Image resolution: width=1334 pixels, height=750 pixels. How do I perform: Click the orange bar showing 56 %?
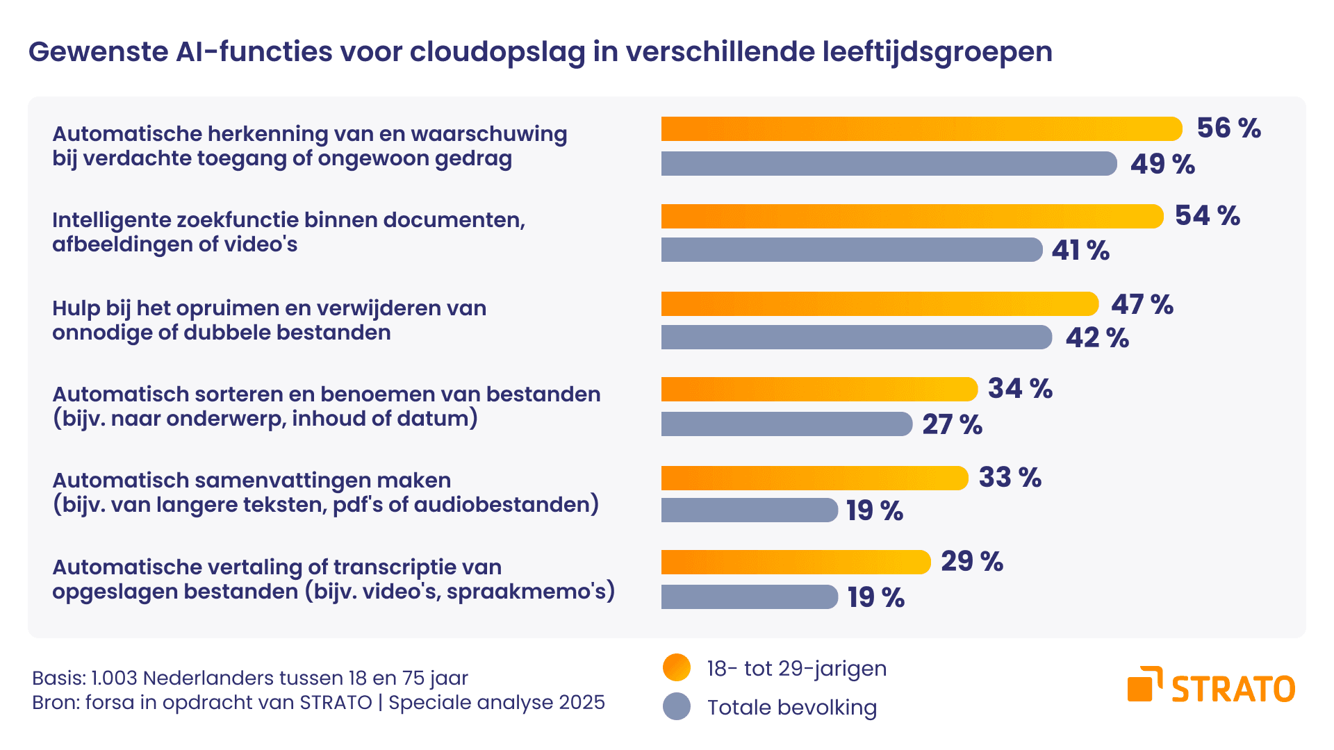[921, 129]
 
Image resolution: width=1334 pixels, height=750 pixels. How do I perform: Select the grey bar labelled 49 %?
[889, 164]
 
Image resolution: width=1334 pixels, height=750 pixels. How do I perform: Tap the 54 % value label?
[1207, 215]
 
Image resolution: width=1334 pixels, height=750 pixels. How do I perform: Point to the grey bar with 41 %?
[851, 250]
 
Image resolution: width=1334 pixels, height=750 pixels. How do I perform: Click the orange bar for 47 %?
[879, 304]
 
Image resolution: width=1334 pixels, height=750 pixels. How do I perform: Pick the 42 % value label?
[1097, 338]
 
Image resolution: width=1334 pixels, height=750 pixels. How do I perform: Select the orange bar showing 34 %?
[818, 390]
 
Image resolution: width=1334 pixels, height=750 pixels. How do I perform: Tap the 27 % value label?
[952, 424]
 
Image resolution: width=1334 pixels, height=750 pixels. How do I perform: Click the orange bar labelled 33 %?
[814, 478]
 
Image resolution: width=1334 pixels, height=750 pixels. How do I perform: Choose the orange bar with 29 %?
[795, 562]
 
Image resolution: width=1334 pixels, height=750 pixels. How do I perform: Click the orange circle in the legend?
[677, 668]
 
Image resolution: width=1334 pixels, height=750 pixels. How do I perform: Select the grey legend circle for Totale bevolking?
[677, 707]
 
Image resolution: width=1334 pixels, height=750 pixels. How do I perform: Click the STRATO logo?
[1211, 686]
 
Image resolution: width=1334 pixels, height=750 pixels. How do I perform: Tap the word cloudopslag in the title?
[497, 52]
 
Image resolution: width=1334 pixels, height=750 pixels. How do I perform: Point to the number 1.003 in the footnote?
[114, 678]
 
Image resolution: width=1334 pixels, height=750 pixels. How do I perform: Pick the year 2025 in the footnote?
[582, 703]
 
